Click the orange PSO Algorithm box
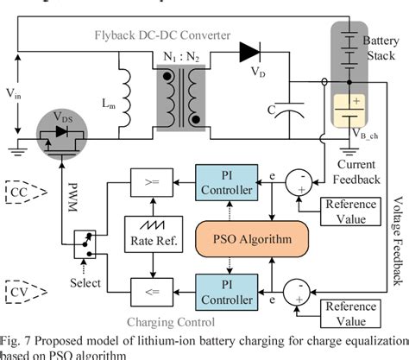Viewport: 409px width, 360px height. tap(243, 237)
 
